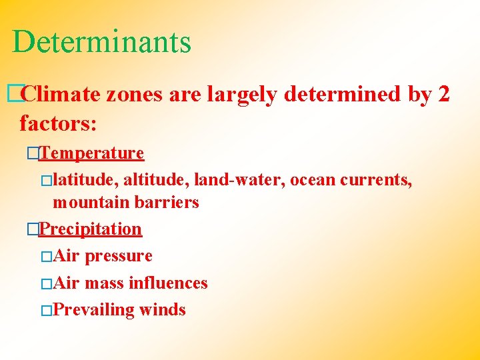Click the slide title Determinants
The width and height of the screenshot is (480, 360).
101,41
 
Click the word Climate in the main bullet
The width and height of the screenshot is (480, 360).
61,95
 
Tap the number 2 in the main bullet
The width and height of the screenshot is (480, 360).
444,95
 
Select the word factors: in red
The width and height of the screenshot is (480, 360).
59,123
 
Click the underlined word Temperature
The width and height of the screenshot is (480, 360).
91,153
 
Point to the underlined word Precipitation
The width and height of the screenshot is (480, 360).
90,229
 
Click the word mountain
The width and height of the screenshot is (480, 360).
91,203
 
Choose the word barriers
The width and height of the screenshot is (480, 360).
167,203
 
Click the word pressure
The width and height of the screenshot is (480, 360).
119,257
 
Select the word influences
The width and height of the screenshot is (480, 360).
168,283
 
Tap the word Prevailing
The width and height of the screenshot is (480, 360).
93,310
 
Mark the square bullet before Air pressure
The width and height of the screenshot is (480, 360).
45,257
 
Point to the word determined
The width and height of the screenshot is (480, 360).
343,95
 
